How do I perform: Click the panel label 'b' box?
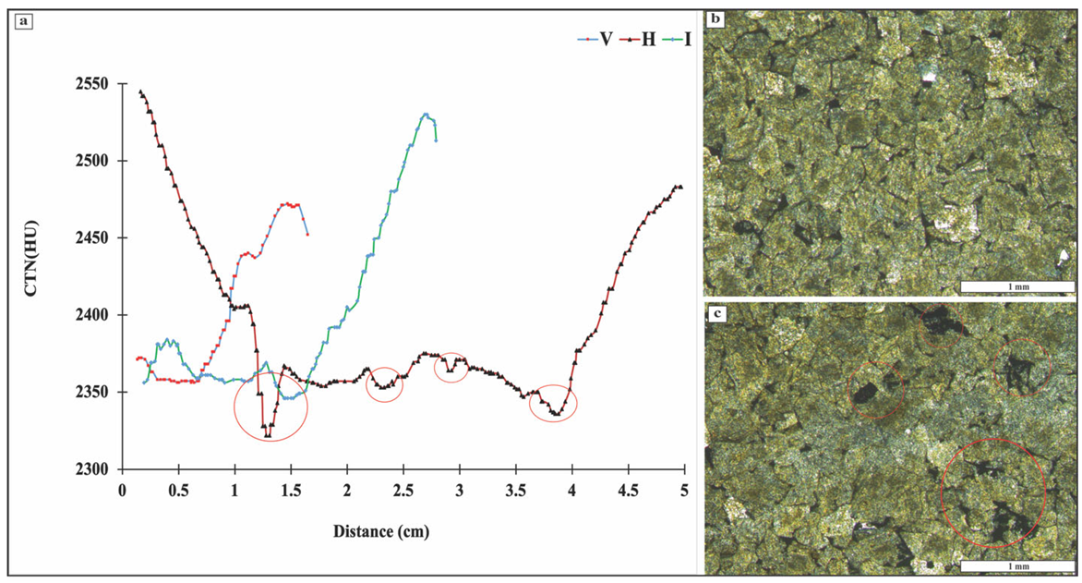[716, 18]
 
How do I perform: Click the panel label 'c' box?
[716, 312]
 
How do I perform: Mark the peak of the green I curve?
[426, 115]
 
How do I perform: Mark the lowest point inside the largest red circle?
[267, 435]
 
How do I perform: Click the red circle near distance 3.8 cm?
[553, 404]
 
